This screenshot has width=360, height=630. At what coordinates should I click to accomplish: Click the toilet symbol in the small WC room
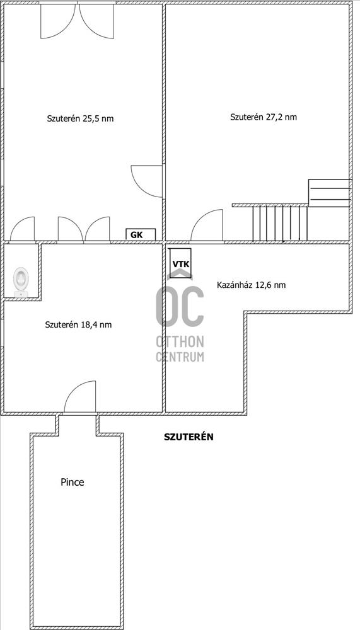coord(21,282)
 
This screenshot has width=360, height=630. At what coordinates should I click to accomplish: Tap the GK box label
coord(137,235)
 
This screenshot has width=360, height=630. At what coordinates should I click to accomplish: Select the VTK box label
coord(180,264)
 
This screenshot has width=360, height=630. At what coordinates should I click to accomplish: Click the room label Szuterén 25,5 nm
coord(80,118)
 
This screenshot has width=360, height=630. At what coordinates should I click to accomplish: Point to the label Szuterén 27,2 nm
coord(264,117)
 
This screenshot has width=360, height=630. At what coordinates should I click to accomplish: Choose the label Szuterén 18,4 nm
coord(78,324)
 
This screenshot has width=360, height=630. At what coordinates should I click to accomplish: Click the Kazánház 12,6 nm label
coord(252,285)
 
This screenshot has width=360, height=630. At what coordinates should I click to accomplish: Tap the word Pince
coord(73,482)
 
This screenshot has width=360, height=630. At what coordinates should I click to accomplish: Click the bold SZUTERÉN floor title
coord(189,437)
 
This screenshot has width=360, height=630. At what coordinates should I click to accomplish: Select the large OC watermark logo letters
coord(180,304)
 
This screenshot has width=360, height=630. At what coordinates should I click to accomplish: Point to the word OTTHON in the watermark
coord(180,342)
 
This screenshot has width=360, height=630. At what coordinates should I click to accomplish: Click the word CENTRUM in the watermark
coord(180,357)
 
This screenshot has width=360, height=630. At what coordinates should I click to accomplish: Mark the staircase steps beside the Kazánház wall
coord(280,224)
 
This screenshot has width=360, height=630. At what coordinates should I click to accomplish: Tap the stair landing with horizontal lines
coord(328,193)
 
